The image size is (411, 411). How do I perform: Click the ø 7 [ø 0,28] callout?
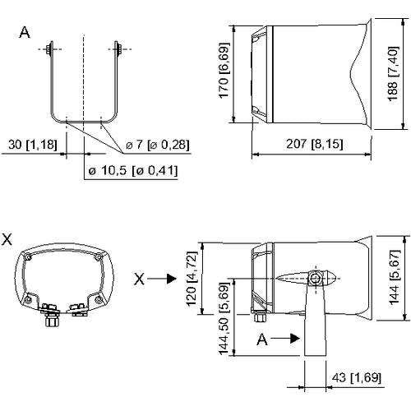tap(158, 145)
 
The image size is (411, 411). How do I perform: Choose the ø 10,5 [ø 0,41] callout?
tap(133, 170)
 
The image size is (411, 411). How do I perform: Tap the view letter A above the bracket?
tap(25, 33)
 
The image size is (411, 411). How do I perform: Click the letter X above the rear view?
tap(7, 239)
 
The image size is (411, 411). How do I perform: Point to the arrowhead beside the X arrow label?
tap(172, 279)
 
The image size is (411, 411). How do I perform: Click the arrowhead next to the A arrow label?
tap(295, 339)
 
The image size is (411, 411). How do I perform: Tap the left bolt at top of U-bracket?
tap(50, 49)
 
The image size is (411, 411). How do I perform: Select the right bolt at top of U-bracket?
tap(118, 49)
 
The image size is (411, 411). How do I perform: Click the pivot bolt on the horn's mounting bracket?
tap(315, 279)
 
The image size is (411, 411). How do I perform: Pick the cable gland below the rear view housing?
tap(52, 318)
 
